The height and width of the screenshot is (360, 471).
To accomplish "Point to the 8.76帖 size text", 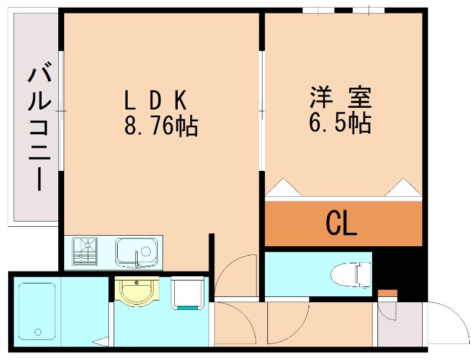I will pyautogui.click(x=160, y=126).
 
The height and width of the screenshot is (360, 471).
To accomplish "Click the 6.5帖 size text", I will pyautogui.click(x=340, y=123).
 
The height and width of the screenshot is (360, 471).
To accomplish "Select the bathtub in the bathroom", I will pyautogui.click(x=37, y=312).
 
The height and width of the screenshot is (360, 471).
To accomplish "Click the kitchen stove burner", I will pyautogui.click(x=86, y=252).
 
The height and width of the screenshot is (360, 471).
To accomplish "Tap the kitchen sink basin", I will pyautogui.click(x=137, y=252).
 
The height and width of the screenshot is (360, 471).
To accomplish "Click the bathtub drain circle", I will pyautogui.click(x=38, y=332).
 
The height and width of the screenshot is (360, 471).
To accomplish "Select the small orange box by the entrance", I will pyautogui.click(x=387, y=293).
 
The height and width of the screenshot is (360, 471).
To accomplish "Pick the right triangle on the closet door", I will pyautogui.click(x=403, y=187).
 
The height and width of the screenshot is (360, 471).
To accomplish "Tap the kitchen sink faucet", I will pyautogui.click(x=139, y=257).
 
